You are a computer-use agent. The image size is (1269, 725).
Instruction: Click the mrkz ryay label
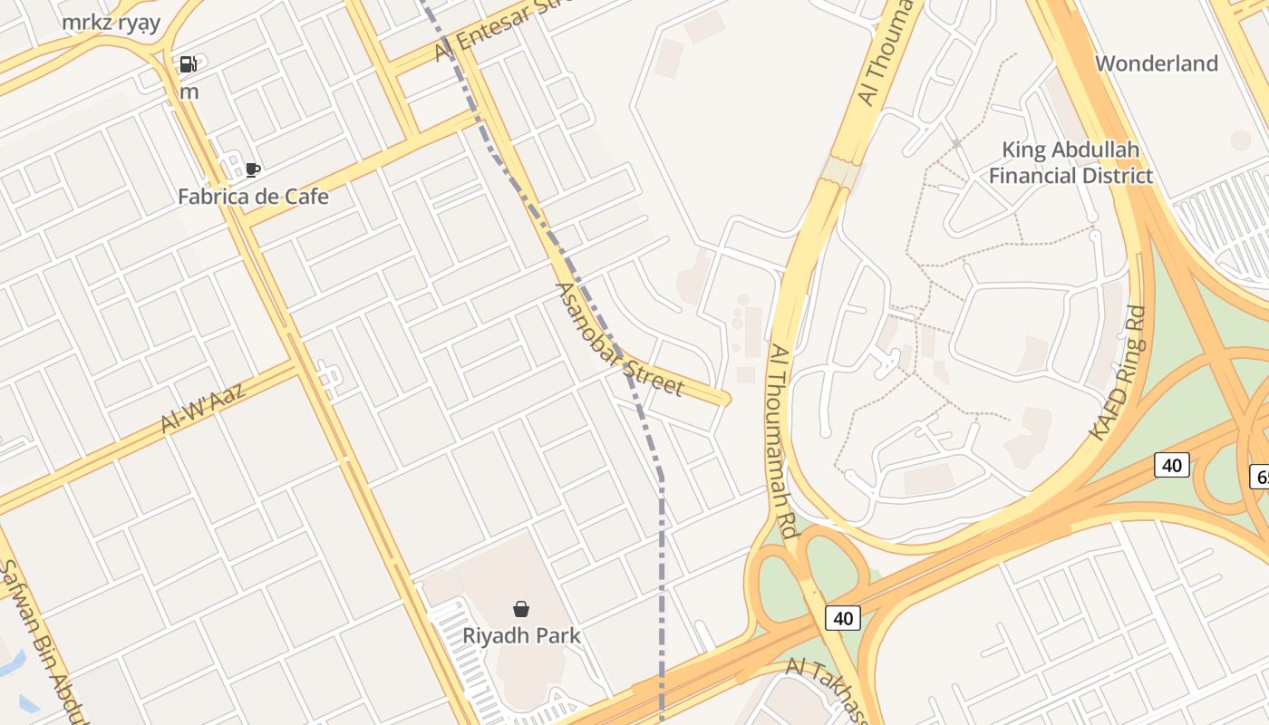[111, 23]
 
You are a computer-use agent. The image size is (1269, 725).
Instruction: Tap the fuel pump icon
[189, 63]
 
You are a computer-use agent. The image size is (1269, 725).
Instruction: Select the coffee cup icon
[253, 169]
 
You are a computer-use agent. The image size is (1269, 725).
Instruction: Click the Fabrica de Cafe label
[253, 196]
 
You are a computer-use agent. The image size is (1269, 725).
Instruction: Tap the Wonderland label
[1157, 63]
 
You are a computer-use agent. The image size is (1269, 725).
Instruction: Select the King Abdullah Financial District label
[1070, 162]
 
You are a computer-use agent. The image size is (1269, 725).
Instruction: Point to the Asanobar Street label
[618, 340]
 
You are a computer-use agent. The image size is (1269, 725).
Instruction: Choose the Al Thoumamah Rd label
[784, 440]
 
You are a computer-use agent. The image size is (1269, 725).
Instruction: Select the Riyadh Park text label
[521, 635]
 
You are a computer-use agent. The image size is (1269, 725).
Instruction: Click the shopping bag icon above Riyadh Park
[521, 609]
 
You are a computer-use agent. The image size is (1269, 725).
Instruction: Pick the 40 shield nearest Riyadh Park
[843, 618]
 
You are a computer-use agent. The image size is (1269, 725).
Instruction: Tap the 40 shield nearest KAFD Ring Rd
[1171, 465]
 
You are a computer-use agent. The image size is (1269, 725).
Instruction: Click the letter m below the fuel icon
[189, 92]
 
